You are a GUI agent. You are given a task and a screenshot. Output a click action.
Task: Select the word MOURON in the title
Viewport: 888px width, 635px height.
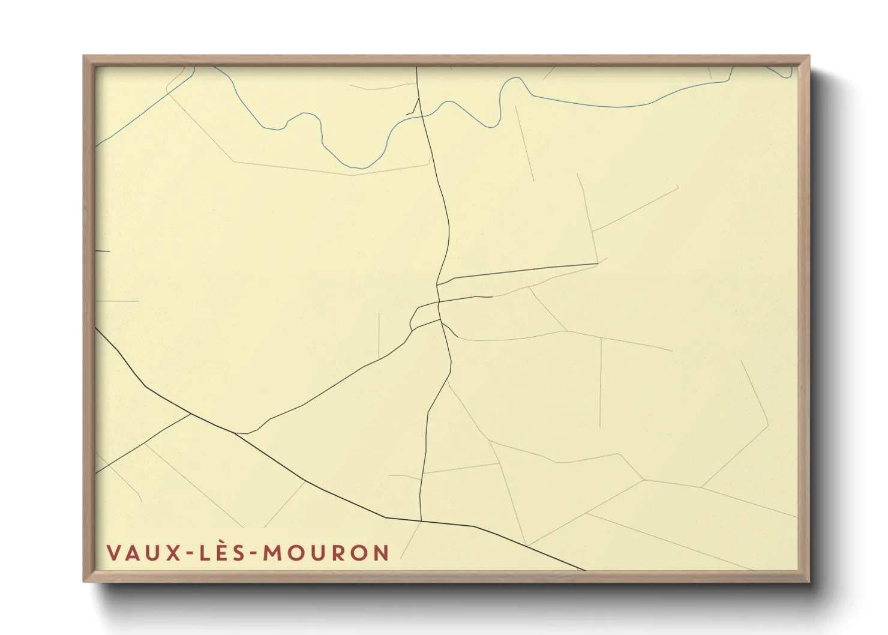click(326, 552)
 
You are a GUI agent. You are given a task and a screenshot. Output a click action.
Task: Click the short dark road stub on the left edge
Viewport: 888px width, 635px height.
click(103, 251)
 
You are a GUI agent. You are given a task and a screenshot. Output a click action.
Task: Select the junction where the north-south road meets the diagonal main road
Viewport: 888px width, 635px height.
click(421, 520)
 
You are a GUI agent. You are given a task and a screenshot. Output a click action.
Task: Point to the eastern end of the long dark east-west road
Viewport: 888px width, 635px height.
click(597, 263)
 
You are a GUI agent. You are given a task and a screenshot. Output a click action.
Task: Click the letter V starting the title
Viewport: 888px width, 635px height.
click(112, 552)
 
